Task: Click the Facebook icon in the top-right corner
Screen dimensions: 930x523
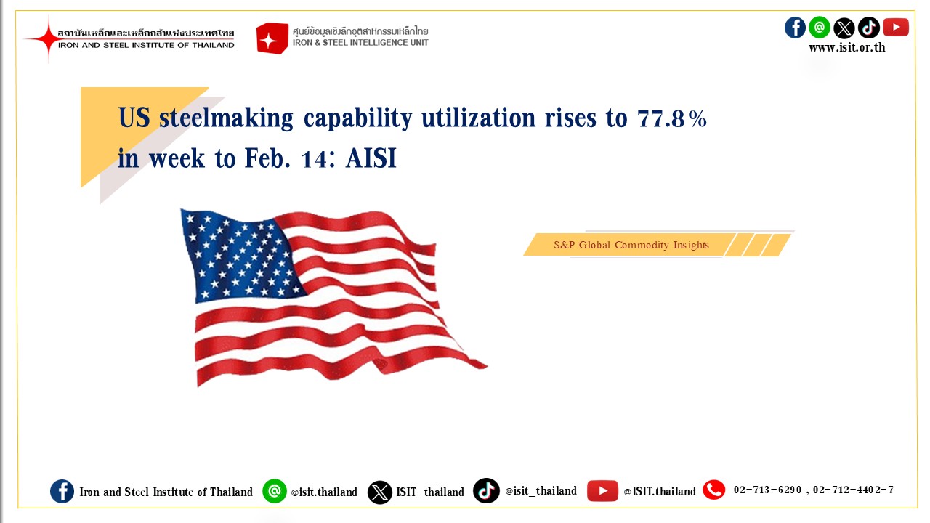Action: click(x=795, y=28)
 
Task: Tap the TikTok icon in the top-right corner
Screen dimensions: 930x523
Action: click(x=868, y=28)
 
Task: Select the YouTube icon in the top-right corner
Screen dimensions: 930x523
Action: click(x=896, y=28)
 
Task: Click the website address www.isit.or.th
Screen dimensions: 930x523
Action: click(x=847, y=48)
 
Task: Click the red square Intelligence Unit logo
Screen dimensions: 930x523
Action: click(x=272, y=38)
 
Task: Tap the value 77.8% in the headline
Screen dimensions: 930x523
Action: click(x=672, y=118)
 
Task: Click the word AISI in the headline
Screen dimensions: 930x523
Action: click(x=371, y=158)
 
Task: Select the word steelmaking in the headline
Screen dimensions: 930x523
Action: click(x=226, y=118)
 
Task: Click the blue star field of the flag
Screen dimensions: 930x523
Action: click(x=240, y=254)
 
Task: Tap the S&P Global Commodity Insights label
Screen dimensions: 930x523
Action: click(x=631, y=245)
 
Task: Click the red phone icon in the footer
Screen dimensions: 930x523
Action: click(x=713, y=490)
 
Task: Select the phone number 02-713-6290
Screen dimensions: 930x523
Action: click(x=767, y=490)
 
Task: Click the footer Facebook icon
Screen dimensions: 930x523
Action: click(x=62, y=492)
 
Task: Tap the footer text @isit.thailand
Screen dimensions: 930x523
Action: click(x=324, y=492)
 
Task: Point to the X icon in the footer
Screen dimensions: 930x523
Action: click(x=379, y=492)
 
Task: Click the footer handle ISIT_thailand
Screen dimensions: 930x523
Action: click(x=430, y=492)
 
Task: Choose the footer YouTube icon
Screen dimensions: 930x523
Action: click(x=602, y=491)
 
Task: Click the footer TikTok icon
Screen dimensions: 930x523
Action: click(x=486, y=490)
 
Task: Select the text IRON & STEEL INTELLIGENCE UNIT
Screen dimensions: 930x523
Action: click(x=360, y=43)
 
